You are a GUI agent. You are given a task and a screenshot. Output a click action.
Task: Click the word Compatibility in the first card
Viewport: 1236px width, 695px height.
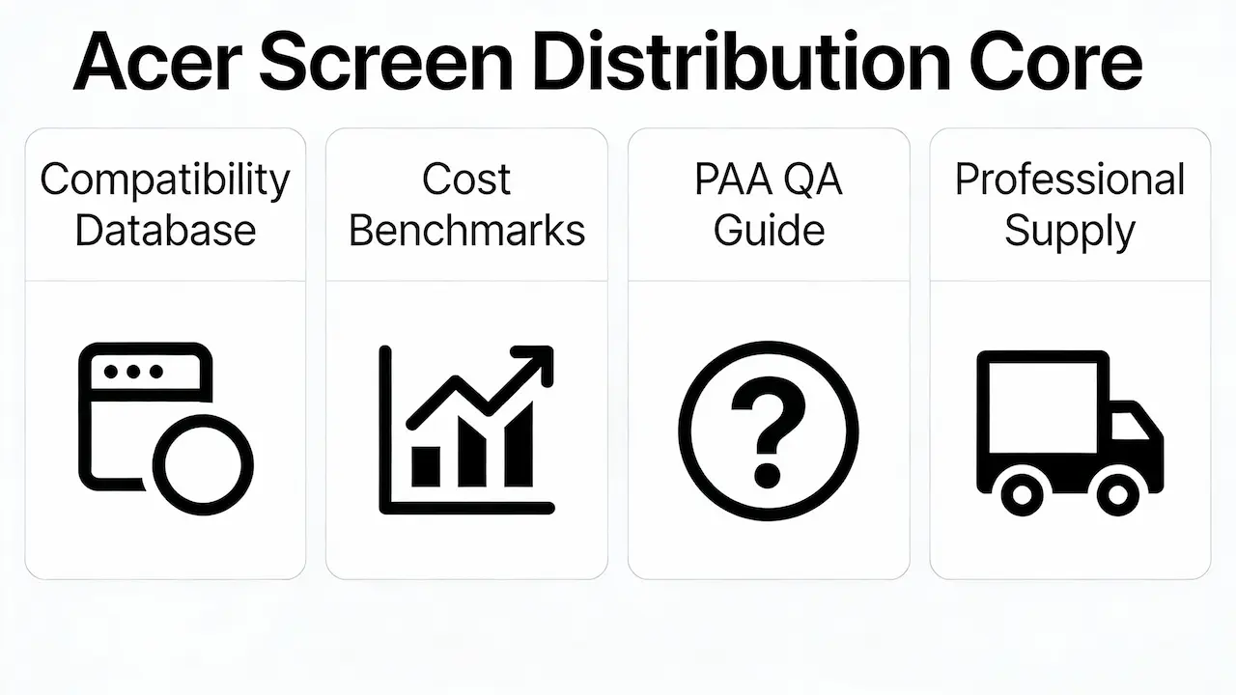165,181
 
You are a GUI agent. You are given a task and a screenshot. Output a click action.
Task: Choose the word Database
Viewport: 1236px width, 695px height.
165,231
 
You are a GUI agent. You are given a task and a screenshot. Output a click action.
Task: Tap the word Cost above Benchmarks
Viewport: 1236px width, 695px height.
466,181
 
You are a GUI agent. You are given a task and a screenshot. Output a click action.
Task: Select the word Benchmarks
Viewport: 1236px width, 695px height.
466,231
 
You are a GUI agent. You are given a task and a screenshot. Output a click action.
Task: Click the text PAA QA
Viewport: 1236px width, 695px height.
769,181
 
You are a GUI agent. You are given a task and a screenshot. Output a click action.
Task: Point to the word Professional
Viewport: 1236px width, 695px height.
1070,181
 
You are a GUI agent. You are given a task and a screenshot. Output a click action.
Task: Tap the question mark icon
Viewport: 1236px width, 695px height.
768,429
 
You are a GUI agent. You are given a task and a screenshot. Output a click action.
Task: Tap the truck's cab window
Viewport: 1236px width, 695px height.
1131,425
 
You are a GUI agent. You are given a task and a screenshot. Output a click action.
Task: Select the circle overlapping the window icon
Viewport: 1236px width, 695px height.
203,465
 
